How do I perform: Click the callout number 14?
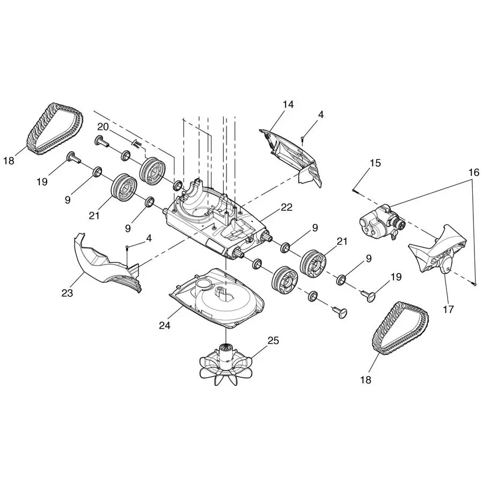[289, 104]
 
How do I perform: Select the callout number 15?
[375, 163]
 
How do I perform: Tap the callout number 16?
[473, 172]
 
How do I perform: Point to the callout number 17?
[448, 309]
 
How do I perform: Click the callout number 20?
[103, 126]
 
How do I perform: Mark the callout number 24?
[164, 325]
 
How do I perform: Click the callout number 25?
[273, 340]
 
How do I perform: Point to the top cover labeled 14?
[292, 156]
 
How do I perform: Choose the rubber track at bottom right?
[400, 327]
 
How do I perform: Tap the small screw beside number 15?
[354, 189]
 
